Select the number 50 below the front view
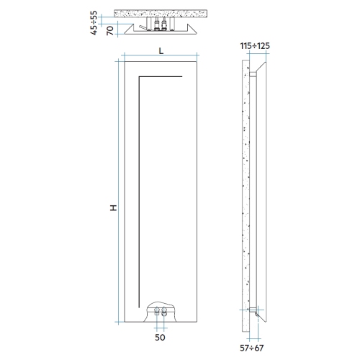pyautogui.click(x=159, y=336)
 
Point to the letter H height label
pyautogui.click(x=113, y=207)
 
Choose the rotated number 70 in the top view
pyautogui.click(x=109, y=30)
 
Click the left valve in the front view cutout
pyautogui.click(x=156, y=312)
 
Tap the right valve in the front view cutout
pyautogui.click(x=164, y=312)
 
